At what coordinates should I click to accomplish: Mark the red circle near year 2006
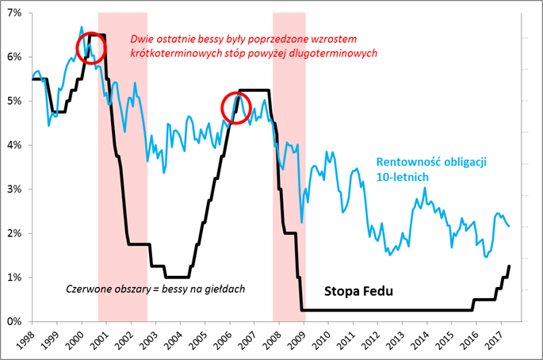click(x=235, y=106)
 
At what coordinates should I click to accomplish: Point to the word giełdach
click(x=224, y=286)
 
